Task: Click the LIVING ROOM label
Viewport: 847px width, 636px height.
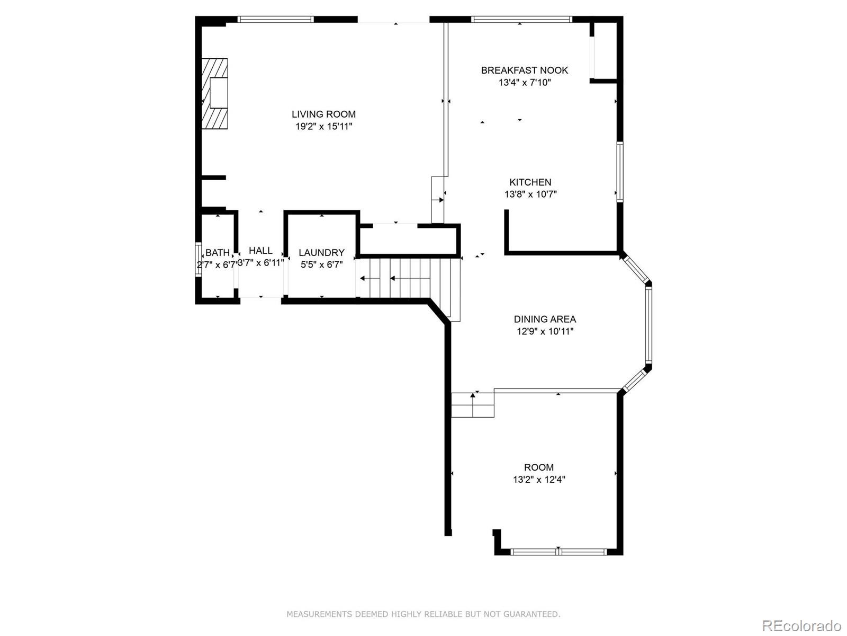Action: click(x=323, y=114)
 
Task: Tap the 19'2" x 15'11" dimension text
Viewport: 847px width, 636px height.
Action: click(x=323, y=127)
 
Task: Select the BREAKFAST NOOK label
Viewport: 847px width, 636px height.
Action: click(x=524, y=70)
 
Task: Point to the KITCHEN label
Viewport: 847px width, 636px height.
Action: click(x=530, y=182)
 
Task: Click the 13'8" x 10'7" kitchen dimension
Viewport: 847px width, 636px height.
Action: click(x=530, y=195)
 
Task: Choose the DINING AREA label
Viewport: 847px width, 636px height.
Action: click(x=545, y=319)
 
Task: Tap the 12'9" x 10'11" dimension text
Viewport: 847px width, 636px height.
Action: click(x=545, y=332)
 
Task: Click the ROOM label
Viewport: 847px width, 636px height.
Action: click(x=538, y=467)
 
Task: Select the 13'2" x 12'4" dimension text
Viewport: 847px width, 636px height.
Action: click(x=538, y=480)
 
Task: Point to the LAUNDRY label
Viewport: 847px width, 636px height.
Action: click(x=321, y=253)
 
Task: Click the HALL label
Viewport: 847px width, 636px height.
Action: click(x=260, y=250)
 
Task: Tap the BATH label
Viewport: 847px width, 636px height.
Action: click(x=218, y=253)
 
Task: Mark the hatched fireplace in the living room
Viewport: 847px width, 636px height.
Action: click(x=214, y=94)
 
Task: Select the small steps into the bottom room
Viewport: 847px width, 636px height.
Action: click(x=472, y=405)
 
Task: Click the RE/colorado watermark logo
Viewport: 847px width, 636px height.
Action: click(x=801, y=625)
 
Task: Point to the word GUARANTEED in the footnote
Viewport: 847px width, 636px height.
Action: click(x=530, y=614)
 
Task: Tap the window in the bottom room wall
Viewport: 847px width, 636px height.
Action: click(x=558, y=552)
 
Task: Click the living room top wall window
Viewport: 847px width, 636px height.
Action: click(x=275, y=20)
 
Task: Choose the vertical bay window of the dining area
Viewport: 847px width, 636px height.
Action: click(x=648, y=324)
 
